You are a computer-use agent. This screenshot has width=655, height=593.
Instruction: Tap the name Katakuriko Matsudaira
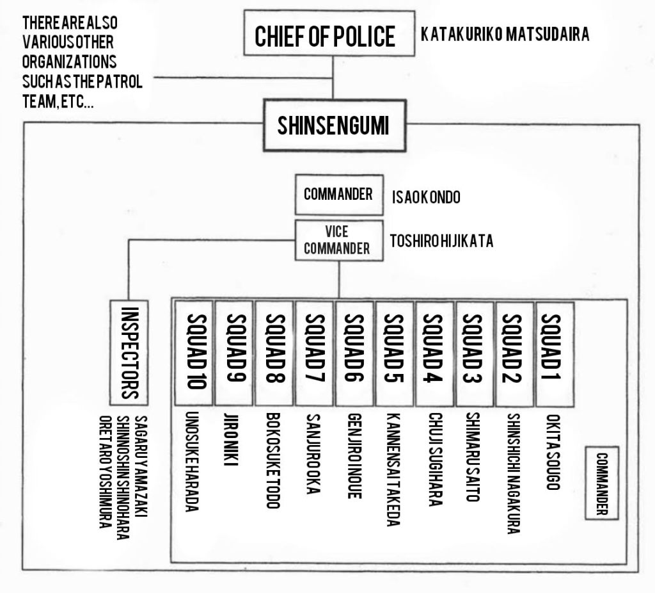click(505, 35)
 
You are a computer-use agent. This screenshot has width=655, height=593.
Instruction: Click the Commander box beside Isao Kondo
click(338, 195)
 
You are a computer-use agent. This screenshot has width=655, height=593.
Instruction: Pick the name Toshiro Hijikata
click(441, 242)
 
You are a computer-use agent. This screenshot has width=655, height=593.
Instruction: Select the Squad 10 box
click(193, 352)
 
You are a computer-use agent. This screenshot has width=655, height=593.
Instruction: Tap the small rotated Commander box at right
click(602, 482)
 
